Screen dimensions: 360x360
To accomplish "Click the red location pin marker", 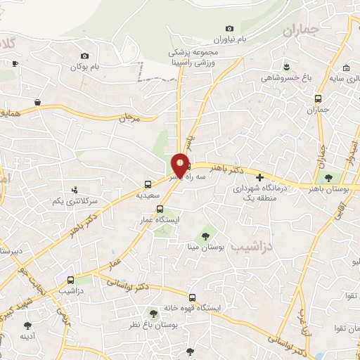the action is [180, 165].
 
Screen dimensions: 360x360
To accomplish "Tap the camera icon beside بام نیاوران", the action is [229, 27].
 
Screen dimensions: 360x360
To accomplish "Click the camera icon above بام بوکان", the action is [85, 56].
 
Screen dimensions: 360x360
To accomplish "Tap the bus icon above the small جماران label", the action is [319, 99].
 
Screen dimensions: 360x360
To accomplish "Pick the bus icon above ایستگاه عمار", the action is [160, 208].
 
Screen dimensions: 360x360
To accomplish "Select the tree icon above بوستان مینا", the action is [205, 236].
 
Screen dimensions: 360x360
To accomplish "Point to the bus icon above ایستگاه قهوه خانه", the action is [192, 296].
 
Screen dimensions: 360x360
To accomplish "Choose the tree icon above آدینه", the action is [27, 326].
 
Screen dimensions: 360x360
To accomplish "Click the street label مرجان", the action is [131, 118].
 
